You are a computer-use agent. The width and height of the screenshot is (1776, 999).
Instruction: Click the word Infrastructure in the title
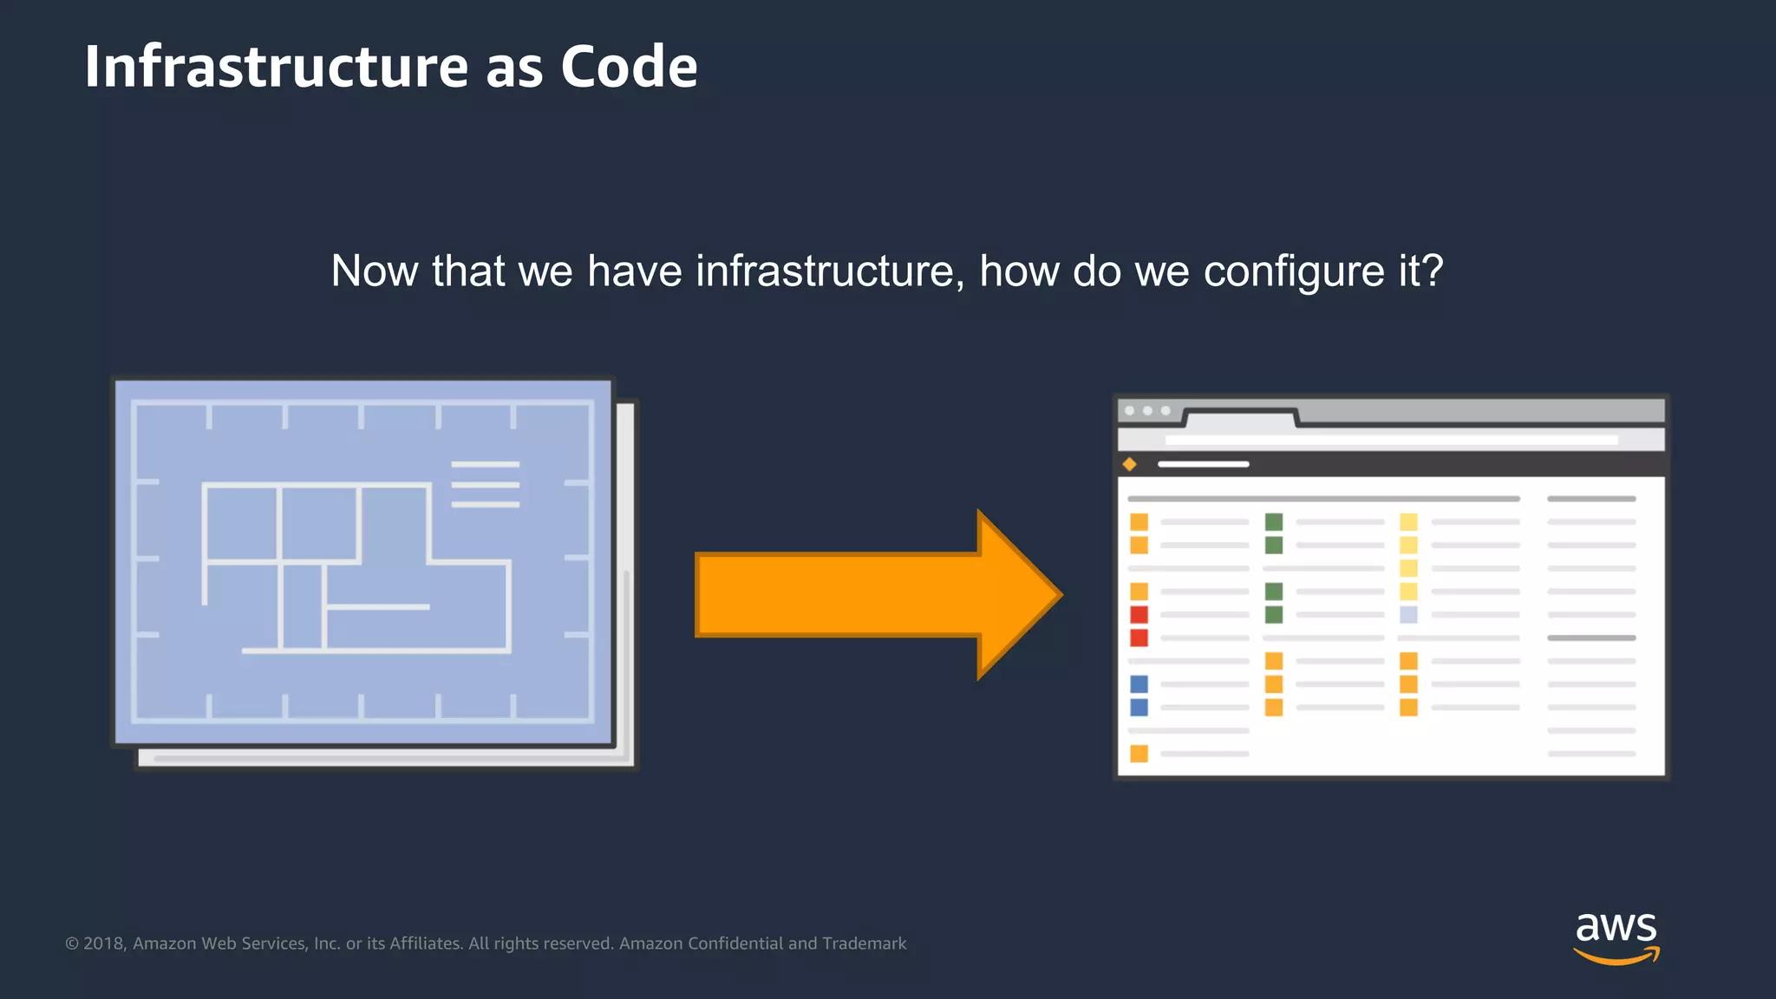tap(276, 67)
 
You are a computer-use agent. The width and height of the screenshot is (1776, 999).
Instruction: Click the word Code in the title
tap(629, 67)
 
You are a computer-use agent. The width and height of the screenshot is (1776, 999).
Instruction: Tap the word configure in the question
tap(1294, 271)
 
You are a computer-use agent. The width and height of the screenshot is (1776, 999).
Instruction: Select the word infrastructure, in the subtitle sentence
tap(829, 271)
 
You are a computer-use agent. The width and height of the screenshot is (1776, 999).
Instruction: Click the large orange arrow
tap(876, 595)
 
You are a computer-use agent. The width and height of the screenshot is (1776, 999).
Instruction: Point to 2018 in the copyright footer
tap(105, 943)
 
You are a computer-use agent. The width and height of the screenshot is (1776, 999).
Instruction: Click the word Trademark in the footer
tap(864, 943)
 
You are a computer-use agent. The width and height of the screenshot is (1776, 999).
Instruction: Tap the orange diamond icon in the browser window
tap(1129, 465)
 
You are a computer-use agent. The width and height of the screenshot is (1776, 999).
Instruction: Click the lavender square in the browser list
tap(1408, 615)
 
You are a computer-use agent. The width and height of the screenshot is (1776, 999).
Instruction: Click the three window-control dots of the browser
tap(1147, 411)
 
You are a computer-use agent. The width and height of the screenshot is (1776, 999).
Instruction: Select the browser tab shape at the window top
tap(1240, 419)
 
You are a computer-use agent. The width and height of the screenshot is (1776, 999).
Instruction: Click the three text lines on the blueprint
tap(485, 485)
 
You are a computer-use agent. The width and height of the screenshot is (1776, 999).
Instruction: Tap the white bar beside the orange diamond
tap(1203, 465)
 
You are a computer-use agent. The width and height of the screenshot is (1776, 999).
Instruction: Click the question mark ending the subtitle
tap(1433, 271)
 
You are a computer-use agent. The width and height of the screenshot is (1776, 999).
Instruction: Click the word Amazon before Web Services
tap(165, 943)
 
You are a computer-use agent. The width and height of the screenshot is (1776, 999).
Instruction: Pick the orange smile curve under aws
tap(1616, 957)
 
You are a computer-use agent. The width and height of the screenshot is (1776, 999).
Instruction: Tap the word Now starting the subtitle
tap(374, 271)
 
